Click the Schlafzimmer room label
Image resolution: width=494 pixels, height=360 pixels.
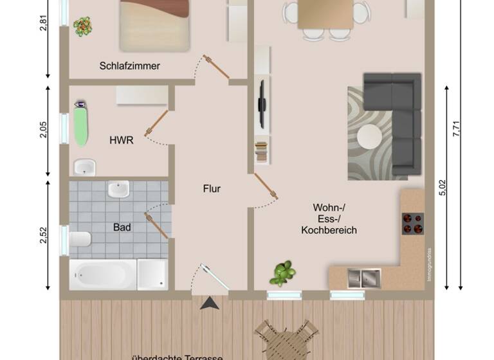(129, 66)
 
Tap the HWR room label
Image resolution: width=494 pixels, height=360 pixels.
(122, 139)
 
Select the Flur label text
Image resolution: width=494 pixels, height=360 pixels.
(212, 188)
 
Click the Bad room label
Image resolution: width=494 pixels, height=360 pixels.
(122, 227)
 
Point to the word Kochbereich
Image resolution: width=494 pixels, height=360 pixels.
(329, 230)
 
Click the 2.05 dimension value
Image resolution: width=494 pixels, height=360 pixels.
(44, 130)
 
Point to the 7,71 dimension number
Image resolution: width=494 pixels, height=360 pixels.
(456, 129)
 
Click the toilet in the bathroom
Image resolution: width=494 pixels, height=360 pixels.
(80, 239)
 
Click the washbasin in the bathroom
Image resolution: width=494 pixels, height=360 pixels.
(118, 190)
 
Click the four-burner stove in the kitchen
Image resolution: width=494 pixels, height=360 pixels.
(412, 222)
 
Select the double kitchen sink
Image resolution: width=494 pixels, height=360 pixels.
(364, 278)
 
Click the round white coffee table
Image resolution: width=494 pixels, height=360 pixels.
(370, 136)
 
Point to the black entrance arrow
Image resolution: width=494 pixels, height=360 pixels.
(209, 303)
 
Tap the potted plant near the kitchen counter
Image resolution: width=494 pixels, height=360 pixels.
(283, 273)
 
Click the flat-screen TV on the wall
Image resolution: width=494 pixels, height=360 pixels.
(261, 103)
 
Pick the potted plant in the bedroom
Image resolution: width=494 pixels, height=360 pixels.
(82, 26)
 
